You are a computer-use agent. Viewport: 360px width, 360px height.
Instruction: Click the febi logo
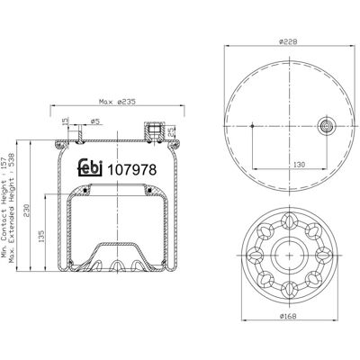pos(91,168)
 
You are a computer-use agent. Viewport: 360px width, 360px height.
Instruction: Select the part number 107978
pos(132,170)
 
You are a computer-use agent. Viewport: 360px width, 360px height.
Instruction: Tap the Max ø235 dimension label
pos(117,102)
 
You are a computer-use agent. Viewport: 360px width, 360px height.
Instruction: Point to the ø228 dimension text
pos(288,42)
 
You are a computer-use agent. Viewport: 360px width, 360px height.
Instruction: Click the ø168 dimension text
pos(288,316)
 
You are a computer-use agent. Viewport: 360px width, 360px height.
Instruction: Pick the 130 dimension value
pos(299,165)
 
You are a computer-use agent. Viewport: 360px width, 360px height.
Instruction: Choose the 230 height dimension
pos(27,211)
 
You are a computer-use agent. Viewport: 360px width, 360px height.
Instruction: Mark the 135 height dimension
pos(41,236)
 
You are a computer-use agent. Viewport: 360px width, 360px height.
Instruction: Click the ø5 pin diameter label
pos(94,121)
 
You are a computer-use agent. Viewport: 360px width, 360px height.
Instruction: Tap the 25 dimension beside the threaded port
pos(170,130)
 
